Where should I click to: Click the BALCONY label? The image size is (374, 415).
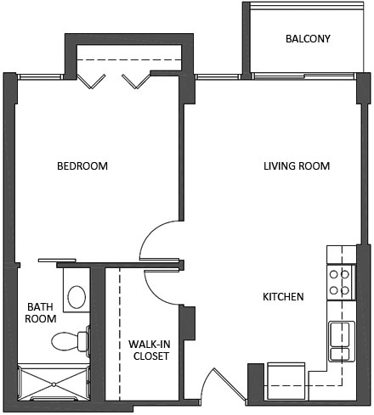pos(308,39)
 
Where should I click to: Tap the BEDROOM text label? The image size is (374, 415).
pos(82,166)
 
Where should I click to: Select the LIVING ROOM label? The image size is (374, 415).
pos(296,166)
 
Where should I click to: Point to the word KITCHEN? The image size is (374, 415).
pos(283,297)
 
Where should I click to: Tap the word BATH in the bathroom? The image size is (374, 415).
pos(40,306)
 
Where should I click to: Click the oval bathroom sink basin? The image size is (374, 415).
pos(76,297)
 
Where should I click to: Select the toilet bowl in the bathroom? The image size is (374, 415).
pos(63,341)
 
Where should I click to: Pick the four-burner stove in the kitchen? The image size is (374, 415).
pos(340,282)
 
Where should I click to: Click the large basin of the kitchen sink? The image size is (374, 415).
pos(340,332)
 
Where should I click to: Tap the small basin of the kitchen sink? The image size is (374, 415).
pos(340,353)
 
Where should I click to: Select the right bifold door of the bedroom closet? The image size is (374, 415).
pos(132,81)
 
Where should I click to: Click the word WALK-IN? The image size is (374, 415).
pos(149,344)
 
